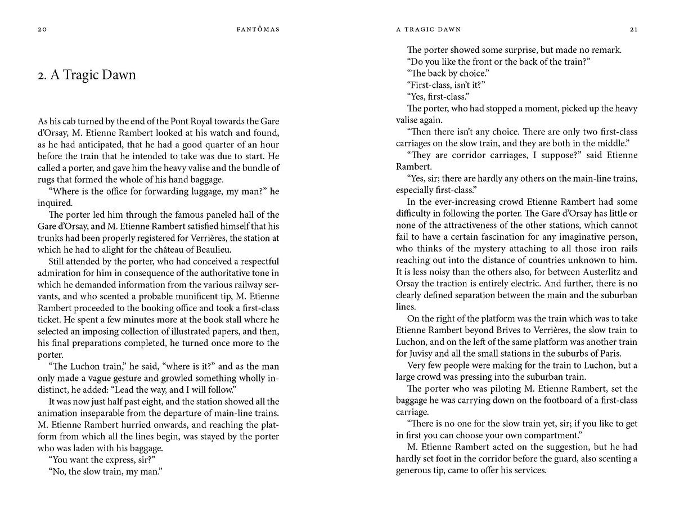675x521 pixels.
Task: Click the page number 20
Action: click(42, 29)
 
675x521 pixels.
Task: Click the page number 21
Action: click(633, 29)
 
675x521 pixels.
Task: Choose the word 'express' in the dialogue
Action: click(112, 460)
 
